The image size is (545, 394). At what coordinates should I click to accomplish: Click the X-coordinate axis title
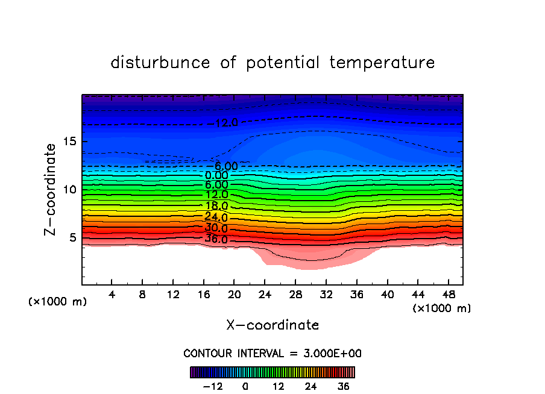point(272,325)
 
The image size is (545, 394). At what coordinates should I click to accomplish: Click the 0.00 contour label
point(216,175)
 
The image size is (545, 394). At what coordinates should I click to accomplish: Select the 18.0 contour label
point(216,205)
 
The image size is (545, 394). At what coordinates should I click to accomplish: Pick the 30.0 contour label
point(216,228)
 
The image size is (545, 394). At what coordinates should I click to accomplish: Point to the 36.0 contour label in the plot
point(216,239)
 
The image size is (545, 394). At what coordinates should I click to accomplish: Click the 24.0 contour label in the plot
point(216,217)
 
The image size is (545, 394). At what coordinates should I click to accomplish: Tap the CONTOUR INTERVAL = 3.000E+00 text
point(272,353)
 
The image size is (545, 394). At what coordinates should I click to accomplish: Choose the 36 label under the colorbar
point(344,386)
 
